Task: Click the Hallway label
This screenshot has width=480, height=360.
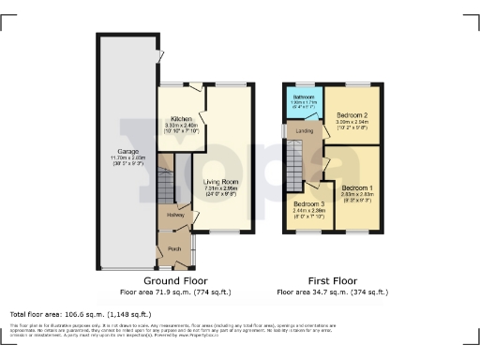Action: (x=175, y=216)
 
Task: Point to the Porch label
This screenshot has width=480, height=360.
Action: (x=174, y=249)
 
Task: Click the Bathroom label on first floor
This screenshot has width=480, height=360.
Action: (x=302, y=97)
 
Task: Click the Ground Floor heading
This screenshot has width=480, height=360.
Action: (x=175, y=281)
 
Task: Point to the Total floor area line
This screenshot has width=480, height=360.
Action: (x=80, y=314)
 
